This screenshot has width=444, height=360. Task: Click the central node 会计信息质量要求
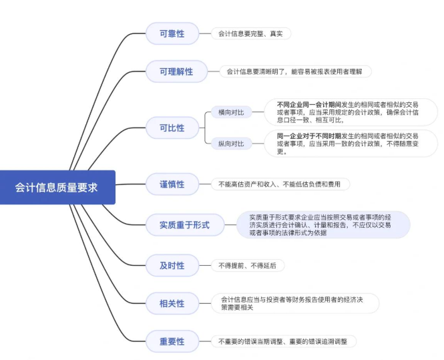coord(57,188)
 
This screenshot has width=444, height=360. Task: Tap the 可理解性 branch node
coord(176,71)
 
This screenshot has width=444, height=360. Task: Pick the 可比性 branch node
coord(172,128)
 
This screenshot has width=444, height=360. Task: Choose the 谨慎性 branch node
coord(172,184)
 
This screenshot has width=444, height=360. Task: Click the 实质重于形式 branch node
coord(184,225)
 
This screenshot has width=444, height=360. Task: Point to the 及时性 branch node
coord(172,265)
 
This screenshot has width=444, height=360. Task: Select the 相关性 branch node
coord(172,303)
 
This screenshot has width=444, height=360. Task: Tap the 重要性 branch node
coord(172,341)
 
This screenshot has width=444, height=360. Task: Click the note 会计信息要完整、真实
coord(250,33)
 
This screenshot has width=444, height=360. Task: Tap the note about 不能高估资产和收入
coord(280,184)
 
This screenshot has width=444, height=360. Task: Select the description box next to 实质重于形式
coord(323,225)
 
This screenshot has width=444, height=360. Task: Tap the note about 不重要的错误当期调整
coord(284,341)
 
